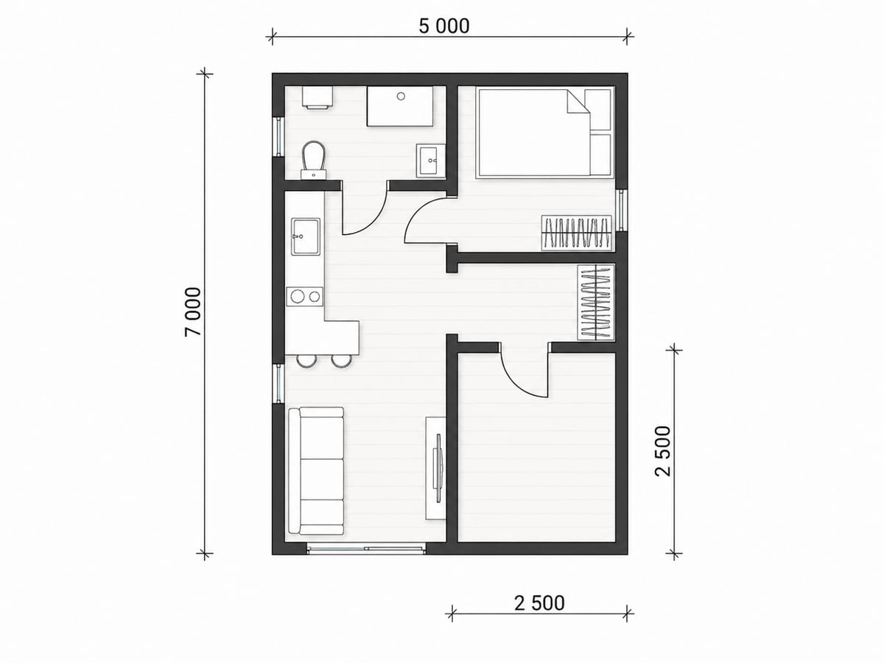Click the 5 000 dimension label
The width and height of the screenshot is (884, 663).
(x=443, y=27)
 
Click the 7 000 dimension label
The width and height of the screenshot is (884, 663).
(x=193, y=312)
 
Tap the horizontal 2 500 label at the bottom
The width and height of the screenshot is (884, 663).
(x=539, y=603)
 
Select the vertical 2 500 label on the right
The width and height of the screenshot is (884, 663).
(x=663, y=452)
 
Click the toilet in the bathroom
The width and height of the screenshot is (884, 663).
(x=314, y=159)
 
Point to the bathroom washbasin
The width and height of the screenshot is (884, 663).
(x=430, y=161)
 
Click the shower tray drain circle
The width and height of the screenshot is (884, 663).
(x=401, y=97)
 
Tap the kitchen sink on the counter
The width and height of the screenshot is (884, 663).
(x=306, y=236)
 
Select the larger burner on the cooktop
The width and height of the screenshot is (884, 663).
(x=298, y=297)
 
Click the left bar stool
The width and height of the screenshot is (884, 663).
(x=305, y=361)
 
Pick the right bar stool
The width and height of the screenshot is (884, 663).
(x=341, y=361)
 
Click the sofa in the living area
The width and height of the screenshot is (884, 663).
(x=316, y=471)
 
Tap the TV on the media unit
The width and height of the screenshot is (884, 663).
(x=438, y=468)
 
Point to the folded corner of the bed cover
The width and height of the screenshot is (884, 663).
(x=578, y=102)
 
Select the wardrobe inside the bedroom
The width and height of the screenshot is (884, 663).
(x=576, y=233)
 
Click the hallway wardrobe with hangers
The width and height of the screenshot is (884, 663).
(x=596, y=302)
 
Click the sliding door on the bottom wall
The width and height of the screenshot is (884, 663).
(x=365, y=548)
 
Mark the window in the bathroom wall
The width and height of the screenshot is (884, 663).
(x=278, y=136)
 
